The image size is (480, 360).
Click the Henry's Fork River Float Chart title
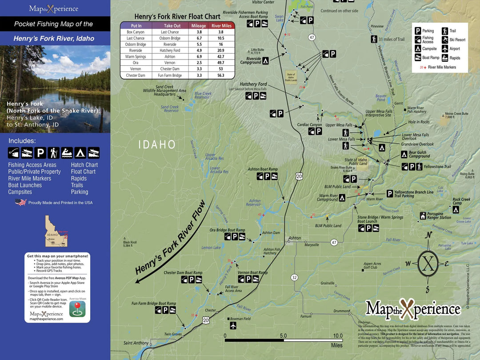tap(177, 16)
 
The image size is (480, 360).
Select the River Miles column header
tap(221, 26)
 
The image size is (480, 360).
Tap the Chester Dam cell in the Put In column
tap(136, 76)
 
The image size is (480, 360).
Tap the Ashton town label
tap(295, 238)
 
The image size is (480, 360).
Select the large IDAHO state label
tap(157, 144)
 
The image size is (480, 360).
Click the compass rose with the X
tap(428, 263)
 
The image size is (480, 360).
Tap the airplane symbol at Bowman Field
tap(233, 326)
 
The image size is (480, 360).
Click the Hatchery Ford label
tap(253, 84)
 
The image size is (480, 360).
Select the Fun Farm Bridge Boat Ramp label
tap(153, 304)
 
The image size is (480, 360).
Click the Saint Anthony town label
tap(136, 343)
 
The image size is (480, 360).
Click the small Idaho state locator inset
tap(56, 231)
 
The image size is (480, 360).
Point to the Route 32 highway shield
tap(294, 277)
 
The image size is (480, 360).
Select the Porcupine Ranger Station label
tap(439, 216)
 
